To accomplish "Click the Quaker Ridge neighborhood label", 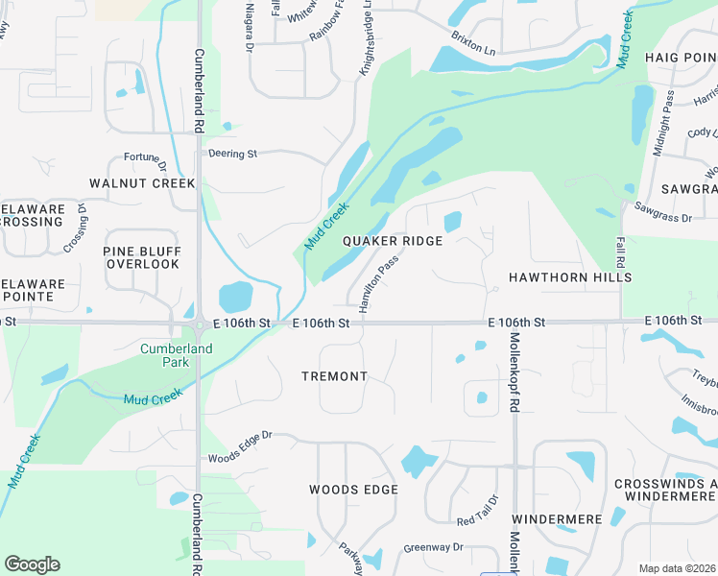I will click(x=393, y=241).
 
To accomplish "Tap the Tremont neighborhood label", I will click(x=334, y=376).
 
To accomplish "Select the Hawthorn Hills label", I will click(x=557, y=277).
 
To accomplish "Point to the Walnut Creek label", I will click(x=142, y=182).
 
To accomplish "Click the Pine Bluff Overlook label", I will click(x=142, y=256).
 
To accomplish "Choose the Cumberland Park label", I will click(x=177, y=355).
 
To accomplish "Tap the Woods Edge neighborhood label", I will click(x=353, y=490).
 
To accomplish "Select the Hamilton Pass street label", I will click(x=378, y=283).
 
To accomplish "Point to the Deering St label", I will click(x=233, y=153).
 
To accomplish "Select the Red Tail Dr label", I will click(x=478, y=511).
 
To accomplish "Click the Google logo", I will click(x=32, y=564).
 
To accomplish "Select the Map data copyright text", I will click(x=676, y=568).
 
